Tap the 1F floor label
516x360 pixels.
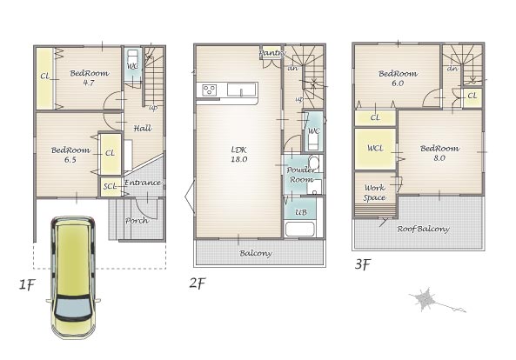click(x=27, y=284)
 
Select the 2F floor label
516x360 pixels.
click(x=198, y=283)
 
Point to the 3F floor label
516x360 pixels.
click(x=363, y=263)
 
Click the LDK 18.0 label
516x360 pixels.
click(x=239, y=155)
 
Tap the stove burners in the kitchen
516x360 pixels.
click(x=210, y=90)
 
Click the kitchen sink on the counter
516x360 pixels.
click(x=242, y=90)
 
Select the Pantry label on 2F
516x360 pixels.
click(x=272, y=52)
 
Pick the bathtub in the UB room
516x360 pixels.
click(x=300, y=230)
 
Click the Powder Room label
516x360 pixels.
click(x=301, y=175)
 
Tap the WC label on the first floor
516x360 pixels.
click(x=132, y=66)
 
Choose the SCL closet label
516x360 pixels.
click(x=110, y=186)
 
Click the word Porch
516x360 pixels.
click(x=137, y=220)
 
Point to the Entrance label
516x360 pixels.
click(x=143, y=183)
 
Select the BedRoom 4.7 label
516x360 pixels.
click(x=89, y=78)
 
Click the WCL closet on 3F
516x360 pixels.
click(x=375, y=149)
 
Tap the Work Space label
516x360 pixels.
click(x=374, y=193)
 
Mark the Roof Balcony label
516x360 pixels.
click(x=423, y=229)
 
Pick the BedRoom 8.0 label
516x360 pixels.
click(x=440, y=153)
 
